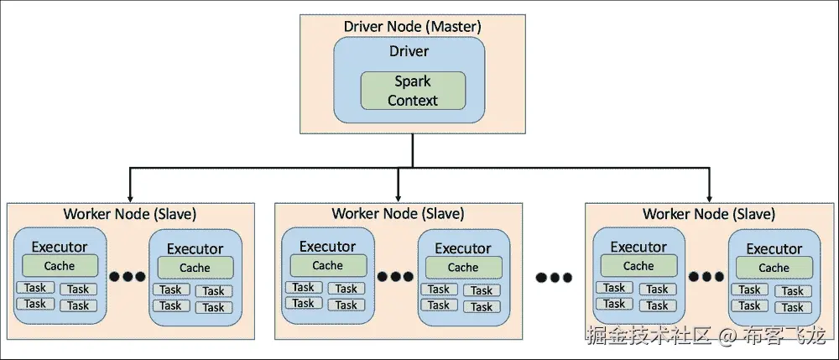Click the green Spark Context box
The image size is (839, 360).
pos(412,91)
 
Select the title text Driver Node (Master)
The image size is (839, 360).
pos(412,25)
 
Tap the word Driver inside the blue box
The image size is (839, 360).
pos(409,52)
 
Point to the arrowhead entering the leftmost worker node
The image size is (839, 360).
pos(130,195)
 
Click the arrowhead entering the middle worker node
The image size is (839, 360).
pos(399,195)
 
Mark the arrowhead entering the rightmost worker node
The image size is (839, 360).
pos(709,195)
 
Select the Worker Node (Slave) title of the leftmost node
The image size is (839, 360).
pos(130,213)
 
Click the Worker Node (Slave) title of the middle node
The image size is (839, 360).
pos(399,213)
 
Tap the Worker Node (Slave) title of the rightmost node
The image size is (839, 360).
pos(709,213)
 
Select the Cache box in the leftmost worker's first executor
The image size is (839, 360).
pos(60,266)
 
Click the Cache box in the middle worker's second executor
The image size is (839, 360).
pos(462,268)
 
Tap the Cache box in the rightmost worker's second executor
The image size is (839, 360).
pos(774,268)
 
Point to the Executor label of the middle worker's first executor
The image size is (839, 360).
pos(327,247)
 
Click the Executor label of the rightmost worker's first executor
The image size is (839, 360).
pos(638,247)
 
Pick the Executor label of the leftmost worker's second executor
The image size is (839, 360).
pos(195,248)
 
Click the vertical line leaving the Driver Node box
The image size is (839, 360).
pos(413,149)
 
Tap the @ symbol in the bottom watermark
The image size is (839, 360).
pos(726,337)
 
